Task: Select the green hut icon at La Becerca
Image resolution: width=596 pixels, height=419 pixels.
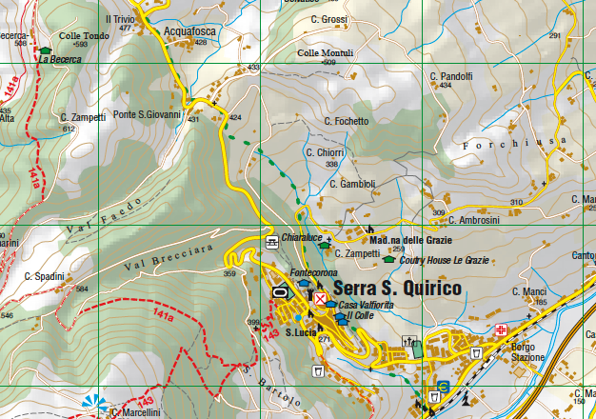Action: coord(45,49)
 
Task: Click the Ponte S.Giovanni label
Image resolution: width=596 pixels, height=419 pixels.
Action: coord(148,115)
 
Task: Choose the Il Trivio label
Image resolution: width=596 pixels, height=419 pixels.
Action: coord(120,19)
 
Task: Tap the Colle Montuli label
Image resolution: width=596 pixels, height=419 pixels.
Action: coord(319,52)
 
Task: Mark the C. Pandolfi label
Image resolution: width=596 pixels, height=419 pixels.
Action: coord(450,75)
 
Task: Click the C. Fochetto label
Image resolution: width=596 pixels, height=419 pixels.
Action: coord(346,122)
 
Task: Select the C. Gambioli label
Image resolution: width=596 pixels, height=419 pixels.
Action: coord(352,184)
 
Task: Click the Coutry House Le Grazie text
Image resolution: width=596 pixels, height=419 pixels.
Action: coord(444,259)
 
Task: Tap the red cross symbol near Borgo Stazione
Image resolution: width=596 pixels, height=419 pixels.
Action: coord(502,329)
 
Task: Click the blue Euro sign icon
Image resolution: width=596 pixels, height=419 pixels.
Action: coord(441,388)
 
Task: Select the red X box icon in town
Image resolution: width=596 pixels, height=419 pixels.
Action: coord(321,298)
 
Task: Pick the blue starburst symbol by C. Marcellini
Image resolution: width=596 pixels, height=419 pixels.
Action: coord(93,405)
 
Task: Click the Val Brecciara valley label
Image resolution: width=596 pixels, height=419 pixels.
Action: coord(168,257)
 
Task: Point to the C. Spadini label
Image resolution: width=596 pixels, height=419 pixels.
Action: coord(44,276)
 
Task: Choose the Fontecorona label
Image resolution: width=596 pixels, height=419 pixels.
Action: coord(314,273)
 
